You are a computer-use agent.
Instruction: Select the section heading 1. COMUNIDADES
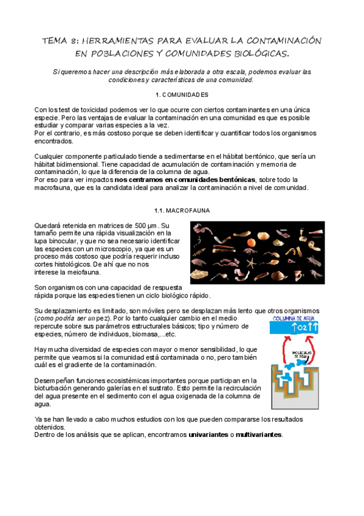tap(182, 95)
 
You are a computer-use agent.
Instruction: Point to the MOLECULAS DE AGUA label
tap(302, 355)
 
